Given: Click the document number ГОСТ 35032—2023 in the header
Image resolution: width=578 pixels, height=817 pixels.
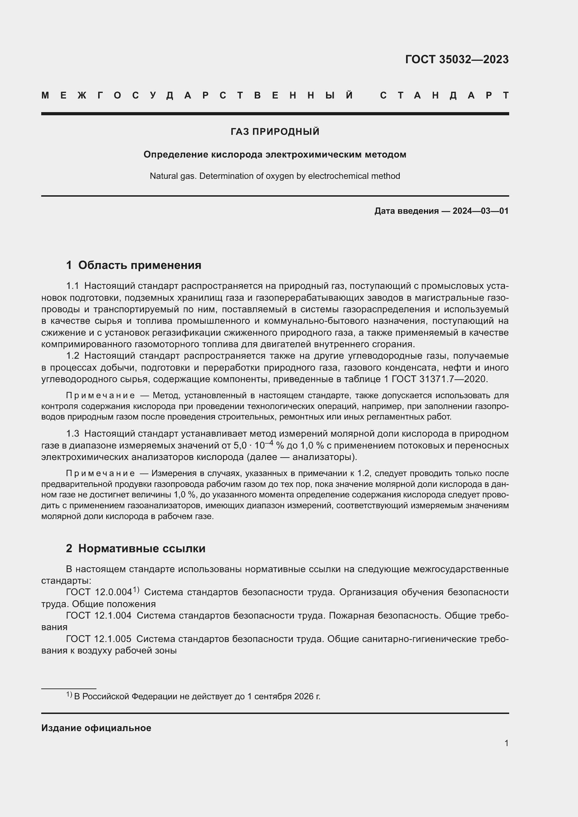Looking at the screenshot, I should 457,59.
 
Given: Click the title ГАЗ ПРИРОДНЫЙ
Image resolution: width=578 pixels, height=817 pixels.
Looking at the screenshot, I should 275,132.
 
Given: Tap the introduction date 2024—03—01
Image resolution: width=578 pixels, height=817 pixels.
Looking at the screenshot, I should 480,211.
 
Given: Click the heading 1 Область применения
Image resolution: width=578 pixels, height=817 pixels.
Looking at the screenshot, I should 133,265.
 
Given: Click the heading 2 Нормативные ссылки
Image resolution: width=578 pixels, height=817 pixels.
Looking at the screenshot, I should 136,548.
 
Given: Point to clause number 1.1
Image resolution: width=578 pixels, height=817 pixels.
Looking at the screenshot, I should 72,286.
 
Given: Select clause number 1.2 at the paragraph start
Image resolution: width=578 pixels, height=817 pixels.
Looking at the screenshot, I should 73,356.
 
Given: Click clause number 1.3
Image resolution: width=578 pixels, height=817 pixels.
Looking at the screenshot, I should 73,433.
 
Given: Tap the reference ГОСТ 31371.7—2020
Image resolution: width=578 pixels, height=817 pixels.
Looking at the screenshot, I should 440,379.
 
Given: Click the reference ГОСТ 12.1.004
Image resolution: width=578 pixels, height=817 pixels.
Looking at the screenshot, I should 99,615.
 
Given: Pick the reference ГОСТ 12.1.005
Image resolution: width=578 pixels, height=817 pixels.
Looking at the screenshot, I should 99,639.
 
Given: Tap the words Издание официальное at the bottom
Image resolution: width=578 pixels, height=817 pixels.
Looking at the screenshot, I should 96,728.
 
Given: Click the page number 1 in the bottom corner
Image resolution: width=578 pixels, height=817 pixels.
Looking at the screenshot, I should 506,743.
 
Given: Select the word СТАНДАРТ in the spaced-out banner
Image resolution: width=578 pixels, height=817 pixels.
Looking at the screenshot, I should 444,95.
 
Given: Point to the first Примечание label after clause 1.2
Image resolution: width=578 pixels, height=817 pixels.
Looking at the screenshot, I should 100,395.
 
